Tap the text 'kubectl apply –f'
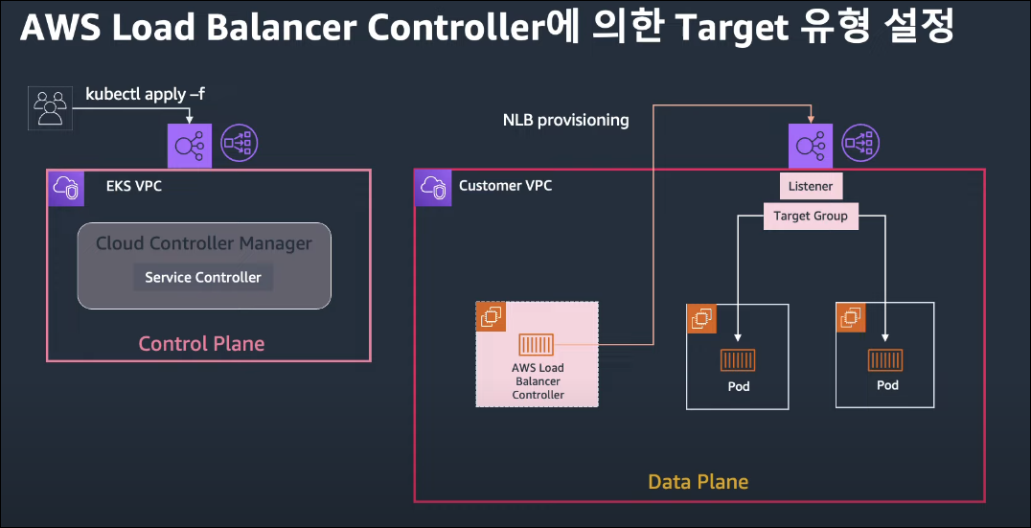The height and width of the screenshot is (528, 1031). [146, 94]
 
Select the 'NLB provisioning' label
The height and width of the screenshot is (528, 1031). [565, 120]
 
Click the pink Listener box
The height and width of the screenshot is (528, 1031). [811, 186]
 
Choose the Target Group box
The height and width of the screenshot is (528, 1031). [811, 216]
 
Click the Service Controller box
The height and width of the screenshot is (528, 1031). [203, 277]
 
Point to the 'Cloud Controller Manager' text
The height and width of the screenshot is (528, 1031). [203, 243]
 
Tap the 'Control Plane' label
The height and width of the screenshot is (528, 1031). [201, 343]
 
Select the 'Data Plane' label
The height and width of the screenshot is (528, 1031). [698, 481]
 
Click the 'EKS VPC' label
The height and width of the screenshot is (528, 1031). [134, 186]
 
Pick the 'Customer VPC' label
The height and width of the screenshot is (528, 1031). [505, 185]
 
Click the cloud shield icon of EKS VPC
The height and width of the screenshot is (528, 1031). [66, 188]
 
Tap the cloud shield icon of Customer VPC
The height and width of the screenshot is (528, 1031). [432, 188]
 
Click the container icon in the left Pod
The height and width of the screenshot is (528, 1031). [738, 360]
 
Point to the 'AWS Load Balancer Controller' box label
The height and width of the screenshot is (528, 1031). [538, 381]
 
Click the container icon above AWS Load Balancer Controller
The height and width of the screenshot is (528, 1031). [538, 344]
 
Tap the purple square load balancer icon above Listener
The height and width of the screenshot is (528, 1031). [811, 145]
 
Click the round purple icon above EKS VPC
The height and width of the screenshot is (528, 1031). [241, 144]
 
